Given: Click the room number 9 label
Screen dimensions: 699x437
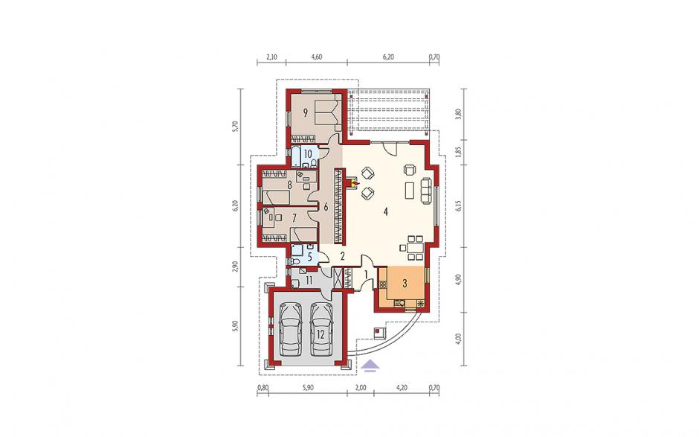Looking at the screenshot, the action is (306, 112).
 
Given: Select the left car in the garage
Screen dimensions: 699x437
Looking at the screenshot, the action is (291, 330).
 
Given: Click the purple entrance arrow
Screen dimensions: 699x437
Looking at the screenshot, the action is (371, 366).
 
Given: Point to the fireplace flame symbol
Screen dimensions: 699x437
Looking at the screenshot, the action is (355, 182).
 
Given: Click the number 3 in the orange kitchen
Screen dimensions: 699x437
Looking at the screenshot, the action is (405, 283).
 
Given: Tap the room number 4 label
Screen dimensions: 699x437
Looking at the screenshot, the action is (385, 212).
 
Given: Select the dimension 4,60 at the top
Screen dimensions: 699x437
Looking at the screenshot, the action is (316, 57).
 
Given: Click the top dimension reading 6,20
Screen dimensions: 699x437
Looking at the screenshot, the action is (388, 57).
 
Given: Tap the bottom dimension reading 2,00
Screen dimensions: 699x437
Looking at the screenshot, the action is (361, 387).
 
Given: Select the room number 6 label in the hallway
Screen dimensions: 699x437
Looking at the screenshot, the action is (326, 207).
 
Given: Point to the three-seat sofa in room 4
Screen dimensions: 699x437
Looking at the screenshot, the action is (426, 191).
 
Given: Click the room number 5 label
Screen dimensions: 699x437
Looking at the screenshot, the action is (310, 258).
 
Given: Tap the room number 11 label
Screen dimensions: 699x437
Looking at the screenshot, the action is (309, 281).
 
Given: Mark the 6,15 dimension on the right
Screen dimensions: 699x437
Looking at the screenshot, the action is (460, 205).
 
